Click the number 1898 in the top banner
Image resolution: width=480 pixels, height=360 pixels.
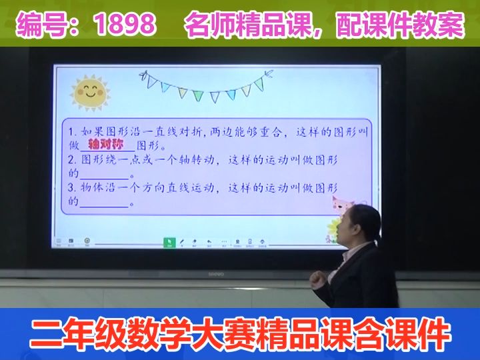(125, 25)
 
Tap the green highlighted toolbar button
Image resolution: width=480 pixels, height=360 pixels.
(169, 243)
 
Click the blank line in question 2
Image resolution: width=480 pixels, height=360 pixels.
(104, 175)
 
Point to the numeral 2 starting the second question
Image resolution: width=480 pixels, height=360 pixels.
(72, 160)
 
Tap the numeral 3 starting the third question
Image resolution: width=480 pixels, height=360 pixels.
(72, 189)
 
